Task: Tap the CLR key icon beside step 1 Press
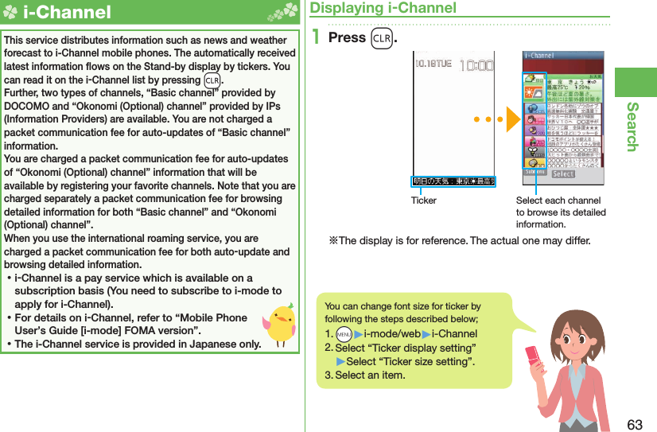(380, 38)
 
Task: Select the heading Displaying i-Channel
(383, 8)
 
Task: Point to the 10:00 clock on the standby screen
(477, 65)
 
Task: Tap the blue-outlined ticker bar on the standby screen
(453, 181)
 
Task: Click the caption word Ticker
(423, 200)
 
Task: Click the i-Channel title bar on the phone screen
(562, 56)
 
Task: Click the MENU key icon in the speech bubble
(343, 334)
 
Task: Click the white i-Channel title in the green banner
(66, 12)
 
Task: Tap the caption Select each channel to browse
(560, 212)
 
